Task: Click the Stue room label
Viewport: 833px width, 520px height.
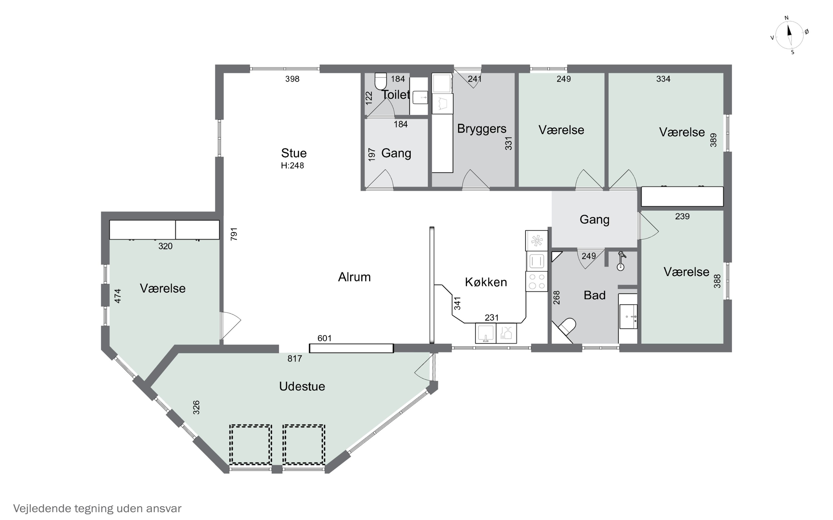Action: pyautogui.click(x=293, y=153)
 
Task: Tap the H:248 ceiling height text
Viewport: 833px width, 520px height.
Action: pyautogui.click(x=292, y=165)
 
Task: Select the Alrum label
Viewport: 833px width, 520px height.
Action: pyautogui.click(x=354, y=277)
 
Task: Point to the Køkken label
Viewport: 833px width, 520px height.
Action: pyautogui.click(x=486, y=282)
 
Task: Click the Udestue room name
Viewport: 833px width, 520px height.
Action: pyautogui.click(x=302, y=386)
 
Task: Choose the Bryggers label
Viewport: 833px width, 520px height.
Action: pyautogui.click(x=481, y=129)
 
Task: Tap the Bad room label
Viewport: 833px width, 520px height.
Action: pyautogui.click(x=594, y=295)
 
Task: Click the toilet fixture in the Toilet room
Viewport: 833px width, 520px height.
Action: pyautogui.click(x=380, y=81)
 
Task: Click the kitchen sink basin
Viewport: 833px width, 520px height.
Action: pyautogui.click(x=485, y=333)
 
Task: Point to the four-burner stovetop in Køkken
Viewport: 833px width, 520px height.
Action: pyautogui.click(x=536, y=281)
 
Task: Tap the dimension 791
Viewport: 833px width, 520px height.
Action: pyautogui.click(x=234, y=234)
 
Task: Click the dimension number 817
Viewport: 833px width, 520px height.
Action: pyautogui.click(x=295, y=359)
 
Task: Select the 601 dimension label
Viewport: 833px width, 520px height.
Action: pyautogui.click(x=324, y=338)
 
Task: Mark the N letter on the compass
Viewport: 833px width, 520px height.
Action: pyautogui.click(x=786, y=18)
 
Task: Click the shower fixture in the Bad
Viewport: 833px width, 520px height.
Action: pyautogui.click(x=621, y=261)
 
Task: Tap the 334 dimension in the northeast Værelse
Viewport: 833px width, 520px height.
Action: pyautogui.click(x=663, y=79)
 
